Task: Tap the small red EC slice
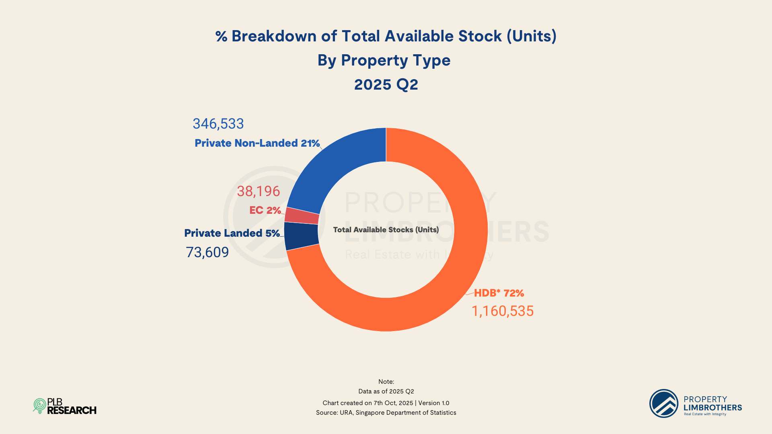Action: click(x=302, y=216)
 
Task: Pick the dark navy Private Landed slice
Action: click(x=301, y=236)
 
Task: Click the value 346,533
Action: click(x=218, y=124)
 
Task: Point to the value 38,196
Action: click(x=258, y=191)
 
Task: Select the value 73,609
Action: click(x=207, y=252)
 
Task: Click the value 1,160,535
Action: click(x=502, y=311)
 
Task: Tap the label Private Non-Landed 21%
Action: click(x=257, y=143)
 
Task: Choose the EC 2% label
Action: click(x=265, y=210)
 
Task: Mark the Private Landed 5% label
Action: click(x=232, y=233)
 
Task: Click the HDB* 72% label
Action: click(x=499, y=293)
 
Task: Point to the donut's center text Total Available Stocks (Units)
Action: click(x=386, y=230)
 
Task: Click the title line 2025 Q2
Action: click(x=386, y=84)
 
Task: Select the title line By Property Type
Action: click(x=384, y=60)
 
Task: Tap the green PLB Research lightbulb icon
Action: click(x=39, y=406)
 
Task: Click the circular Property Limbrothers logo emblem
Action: click(x=663, y=403)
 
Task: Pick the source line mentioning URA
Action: click(x=386, y=413)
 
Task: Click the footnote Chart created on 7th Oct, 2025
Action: click(x=368, y=403)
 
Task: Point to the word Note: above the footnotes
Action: click(x=386, y=382)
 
